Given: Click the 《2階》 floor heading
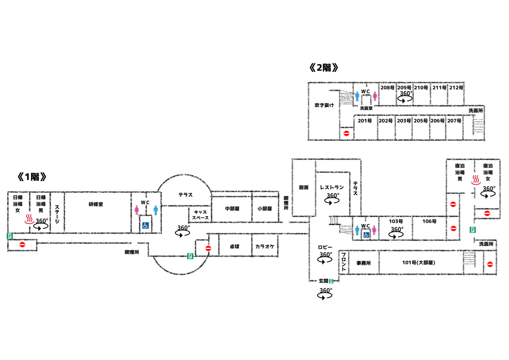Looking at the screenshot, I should tap(323, 68).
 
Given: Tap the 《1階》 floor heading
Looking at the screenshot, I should tap(32, 177).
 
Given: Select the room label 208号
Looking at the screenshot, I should tap(387, 88).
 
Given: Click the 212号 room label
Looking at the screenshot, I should tap(456, 88).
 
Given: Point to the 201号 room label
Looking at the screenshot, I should tap(364, 121).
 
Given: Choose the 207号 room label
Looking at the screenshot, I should tap(454, 121).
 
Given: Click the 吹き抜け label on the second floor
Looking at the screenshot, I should tap(324, 105).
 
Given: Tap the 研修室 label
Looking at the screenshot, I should tap(96, 204).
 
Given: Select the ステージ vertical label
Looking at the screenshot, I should tap(57, 214).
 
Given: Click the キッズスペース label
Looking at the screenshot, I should tap(200, 215).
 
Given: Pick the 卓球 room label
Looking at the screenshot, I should tap(234, 246).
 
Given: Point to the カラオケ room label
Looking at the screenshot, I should tap(264, 246).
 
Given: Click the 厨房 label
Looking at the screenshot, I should tap(304, 187).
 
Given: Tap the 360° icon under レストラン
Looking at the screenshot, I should tap(332, 199).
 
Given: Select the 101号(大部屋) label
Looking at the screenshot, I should tap(419, 263).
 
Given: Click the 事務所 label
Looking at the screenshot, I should tap(363, 263).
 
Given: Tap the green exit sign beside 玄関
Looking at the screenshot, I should tap(331, 281).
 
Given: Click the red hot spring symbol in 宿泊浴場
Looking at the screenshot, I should tap(476, 180).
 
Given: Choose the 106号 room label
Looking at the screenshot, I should tap(429, 221).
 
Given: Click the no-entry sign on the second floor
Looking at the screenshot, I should tap(346, 133).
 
